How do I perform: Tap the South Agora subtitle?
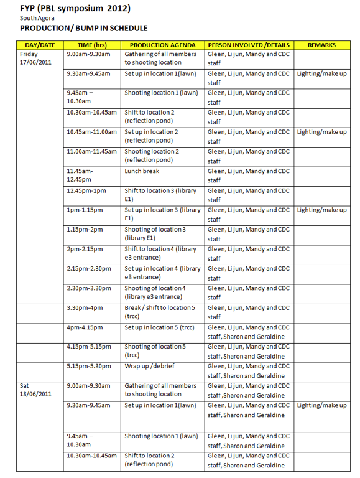[x=37, y=17]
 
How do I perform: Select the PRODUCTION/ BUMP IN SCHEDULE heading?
[x=83, y=28]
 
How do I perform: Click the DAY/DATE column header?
[x=40, y=45]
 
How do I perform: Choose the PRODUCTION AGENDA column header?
[x=162, y=45]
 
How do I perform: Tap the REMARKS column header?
[x=321, y=45]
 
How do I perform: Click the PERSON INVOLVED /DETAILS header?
[x=249, y=45]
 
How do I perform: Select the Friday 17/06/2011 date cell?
[x=36, y=59]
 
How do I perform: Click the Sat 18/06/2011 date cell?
[x=36, y=390]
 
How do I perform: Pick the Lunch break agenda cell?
[x=142, y=171]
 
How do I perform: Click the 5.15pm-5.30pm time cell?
[x=89, y=366]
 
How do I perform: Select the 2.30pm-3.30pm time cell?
[x=89, y=288]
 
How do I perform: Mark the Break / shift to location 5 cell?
[x=160, y=312]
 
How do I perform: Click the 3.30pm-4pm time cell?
[x=85, y=307]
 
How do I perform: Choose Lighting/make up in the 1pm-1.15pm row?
[x=321, y=210]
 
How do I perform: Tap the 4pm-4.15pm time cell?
[x=85, y=327]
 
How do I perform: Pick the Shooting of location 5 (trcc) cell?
[x=155, y=351]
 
